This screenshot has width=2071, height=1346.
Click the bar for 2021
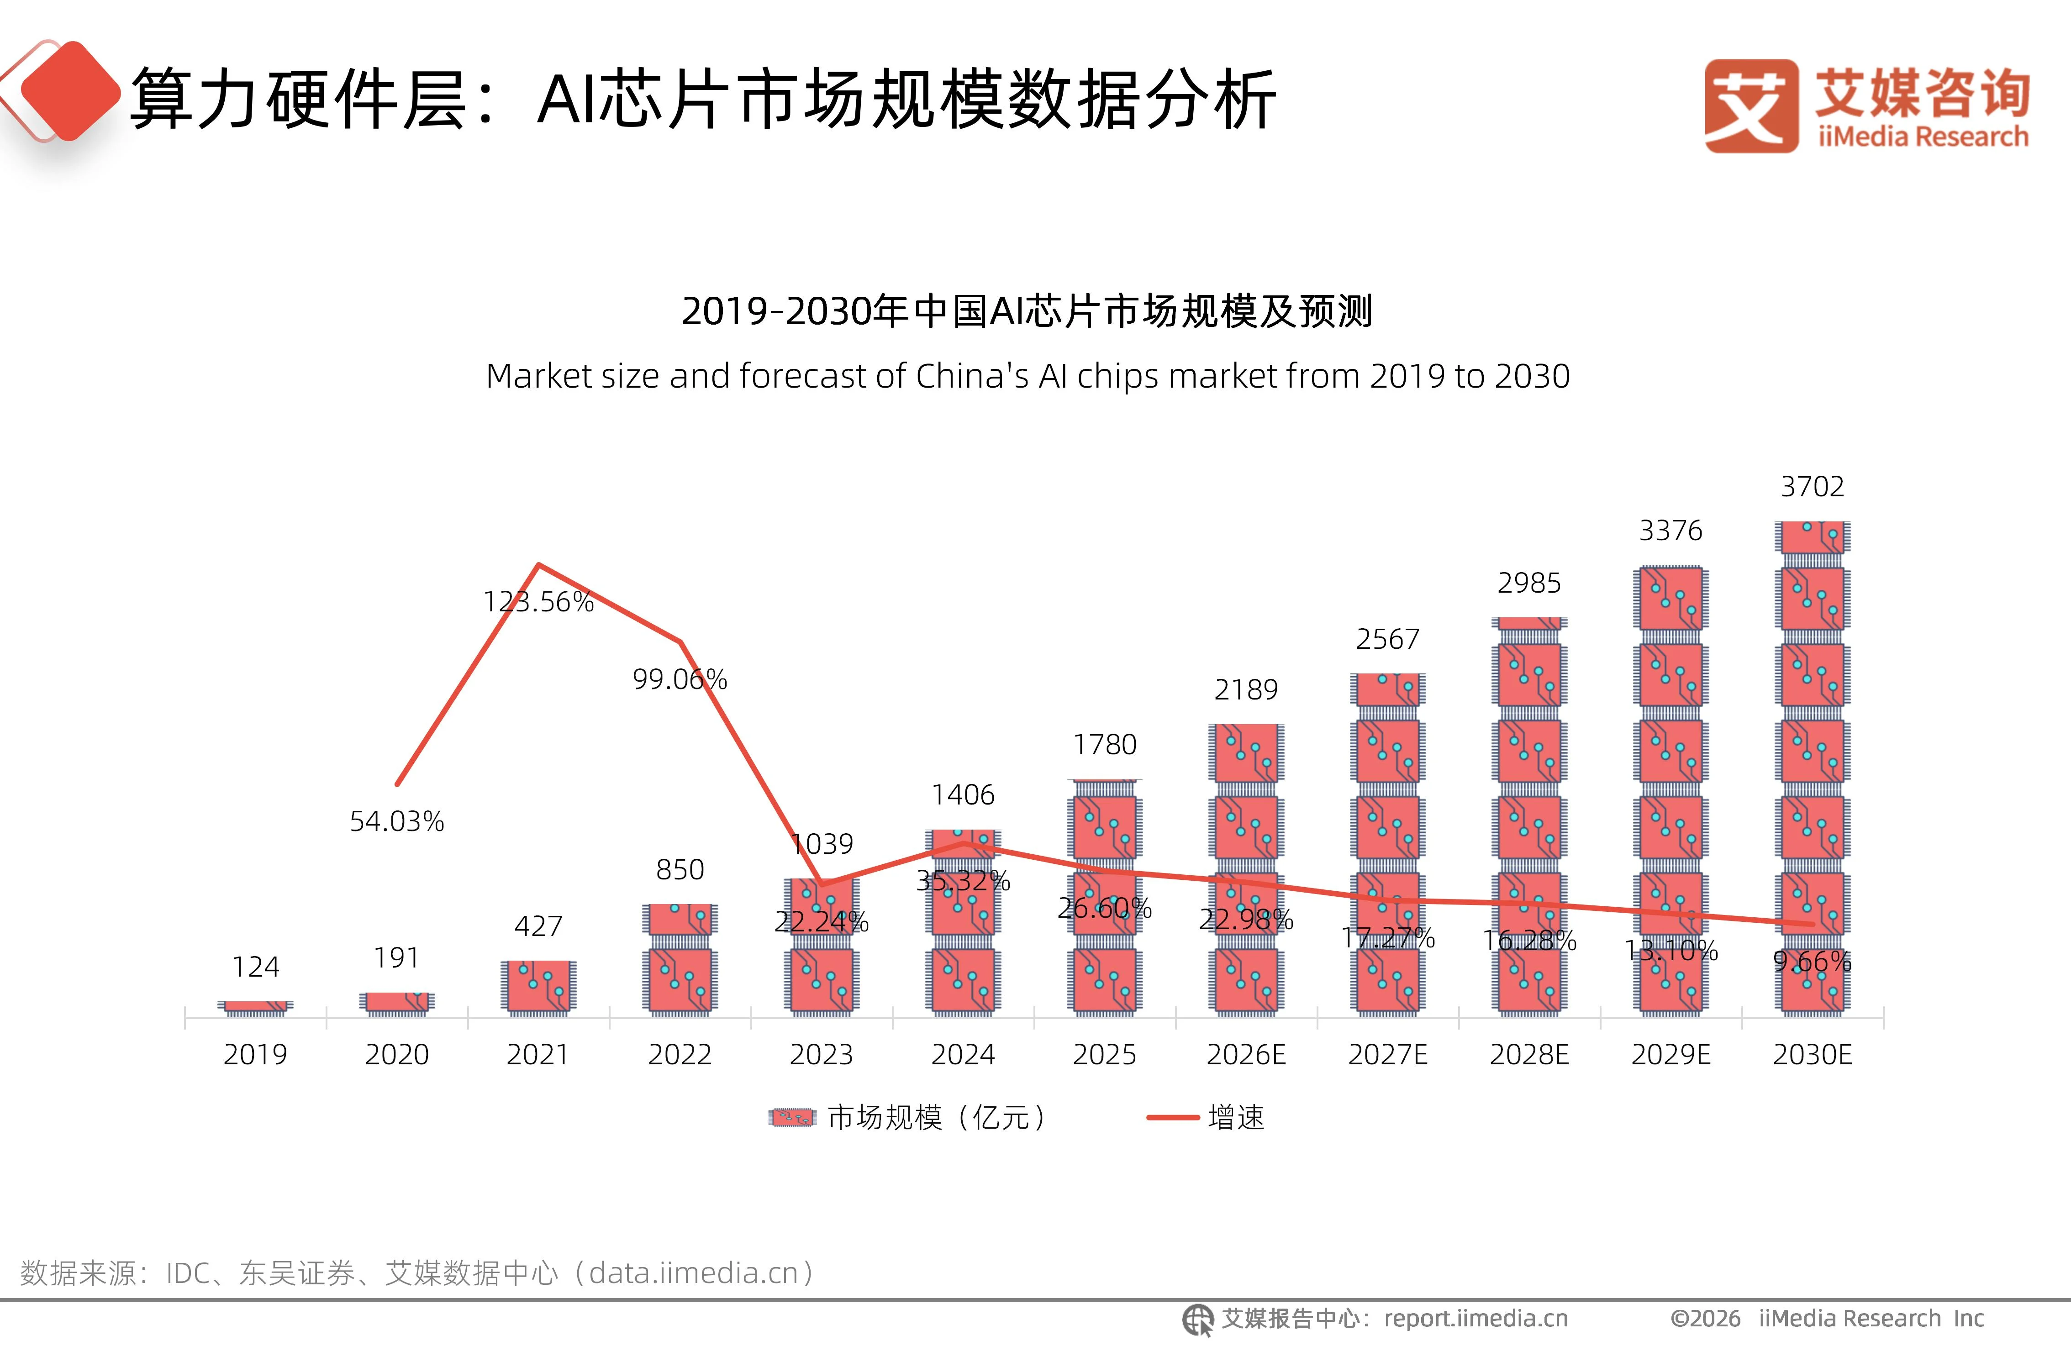click(x=538, y=987)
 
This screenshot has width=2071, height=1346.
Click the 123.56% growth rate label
click(x=538, y=601)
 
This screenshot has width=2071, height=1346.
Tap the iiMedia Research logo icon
click(x=1751, y=106)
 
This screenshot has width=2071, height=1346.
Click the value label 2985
click(x=1529, y=583)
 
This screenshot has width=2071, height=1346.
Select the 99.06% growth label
click(x=680, y=678)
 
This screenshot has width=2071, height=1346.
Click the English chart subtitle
click(x=1028, y=376)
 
